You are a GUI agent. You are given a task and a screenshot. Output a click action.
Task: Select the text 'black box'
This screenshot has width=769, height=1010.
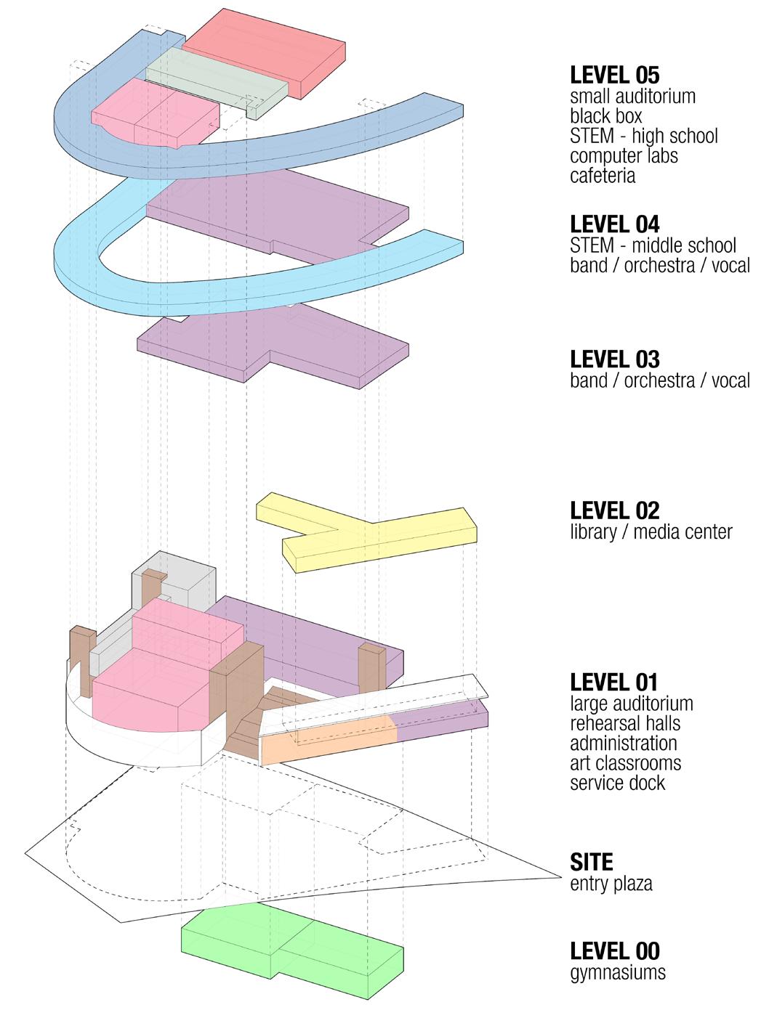[x=605, y=115]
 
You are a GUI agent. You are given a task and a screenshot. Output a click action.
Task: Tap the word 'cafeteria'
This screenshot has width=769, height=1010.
[x=603, y=175]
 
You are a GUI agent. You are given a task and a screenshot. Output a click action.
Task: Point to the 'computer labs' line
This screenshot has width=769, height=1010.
[x=624, y=155]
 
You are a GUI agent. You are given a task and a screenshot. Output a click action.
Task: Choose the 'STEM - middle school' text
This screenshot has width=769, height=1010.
[x=653, y=245]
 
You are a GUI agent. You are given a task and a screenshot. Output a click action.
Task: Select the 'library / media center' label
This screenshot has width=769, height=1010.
[x=651, y=532]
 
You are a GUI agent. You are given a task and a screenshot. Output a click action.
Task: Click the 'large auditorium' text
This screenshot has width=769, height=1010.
[x=631, y=703]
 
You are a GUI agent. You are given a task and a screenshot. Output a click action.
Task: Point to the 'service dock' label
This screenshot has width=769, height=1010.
[x=617, y=783]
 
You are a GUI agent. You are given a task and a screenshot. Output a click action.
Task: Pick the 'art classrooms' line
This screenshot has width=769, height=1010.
[x=625, y=763]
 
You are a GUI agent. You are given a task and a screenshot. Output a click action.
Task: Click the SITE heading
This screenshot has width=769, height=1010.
[x=592, y=862]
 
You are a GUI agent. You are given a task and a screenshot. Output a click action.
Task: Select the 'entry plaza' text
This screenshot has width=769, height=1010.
[x=611, y=884]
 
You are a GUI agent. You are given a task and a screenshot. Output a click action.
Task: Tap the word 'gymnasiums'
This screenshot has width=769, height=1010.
[x=617, y=972]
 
